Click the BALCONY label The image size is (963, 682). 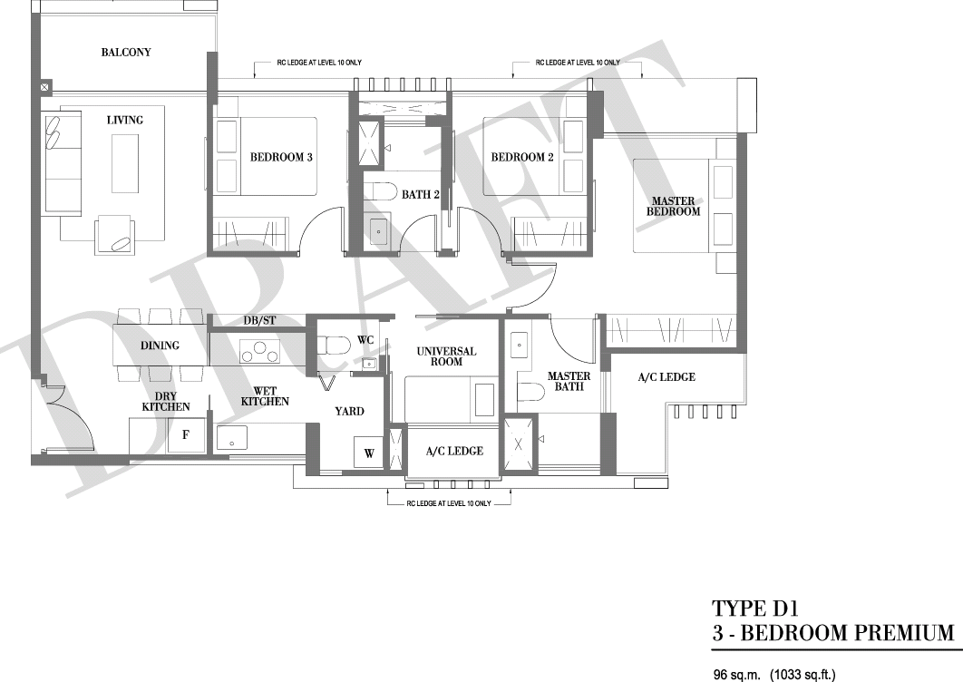tap(126, 53)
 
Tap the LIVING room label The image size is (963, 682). tap(124, 120)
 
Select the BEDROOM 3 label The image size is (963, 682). tap(281, 157)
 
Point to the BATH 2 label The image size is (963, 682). tap(421, 195)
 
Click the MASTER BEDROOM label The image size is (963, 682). tap(673, 206)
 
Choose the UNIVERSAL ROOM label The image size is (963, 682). tap(446, 356)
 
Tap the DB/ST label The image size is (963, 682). tap(259, 320)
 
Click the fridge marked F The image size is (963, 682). tap(186, 435)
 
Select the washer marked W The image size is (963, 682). tap(368, 453)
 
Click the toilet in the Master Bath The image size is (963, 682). tap(530, 392)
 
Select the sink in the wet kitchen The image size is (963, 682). tap(231, 439)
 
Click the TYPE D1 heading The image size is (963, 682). tap(754, 609)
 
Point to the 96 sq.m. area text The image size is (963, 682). tap(737, 674)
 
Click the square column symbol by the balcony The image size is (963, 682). tap(46, 87)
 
